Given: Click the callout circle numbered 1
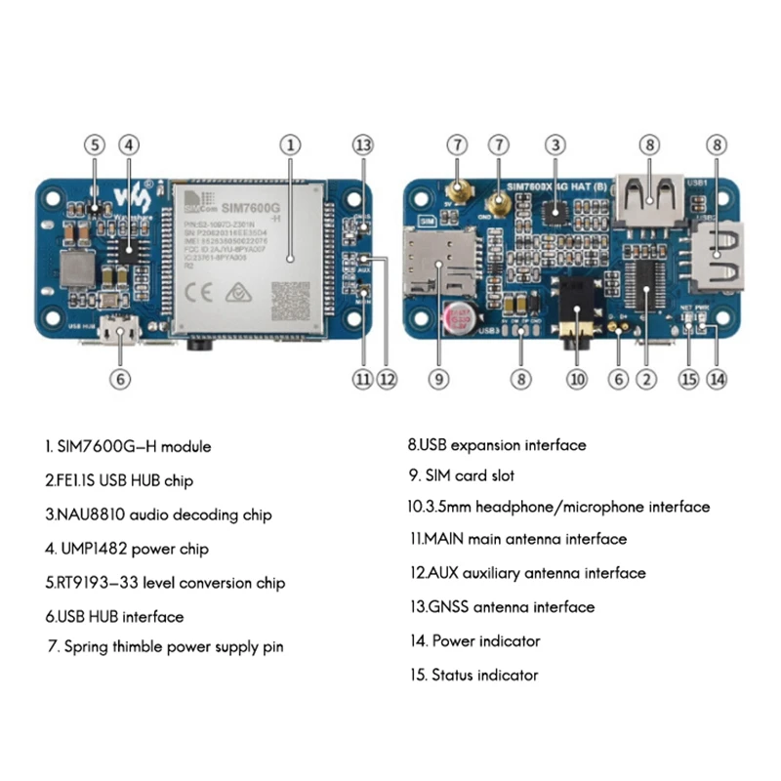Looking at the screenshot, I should [289, 144].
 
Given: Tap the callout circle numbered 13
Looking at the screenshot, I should [363, 144].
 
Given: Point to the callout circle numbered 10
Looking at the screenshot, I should [577, 379].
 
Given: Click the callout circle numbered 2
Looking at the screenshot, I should [644, 379].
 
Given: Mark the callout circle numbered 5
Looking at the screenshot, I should [94, 144].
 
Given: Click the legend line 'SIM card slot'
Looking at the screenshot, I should [461, 476].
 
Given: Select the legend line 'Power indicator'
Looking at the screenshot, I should [473, 641].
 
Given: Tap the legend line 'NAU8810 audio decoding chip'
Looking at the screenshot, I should [157, 514].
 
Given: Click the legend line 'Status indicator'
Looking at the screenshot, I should [473, 676].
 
